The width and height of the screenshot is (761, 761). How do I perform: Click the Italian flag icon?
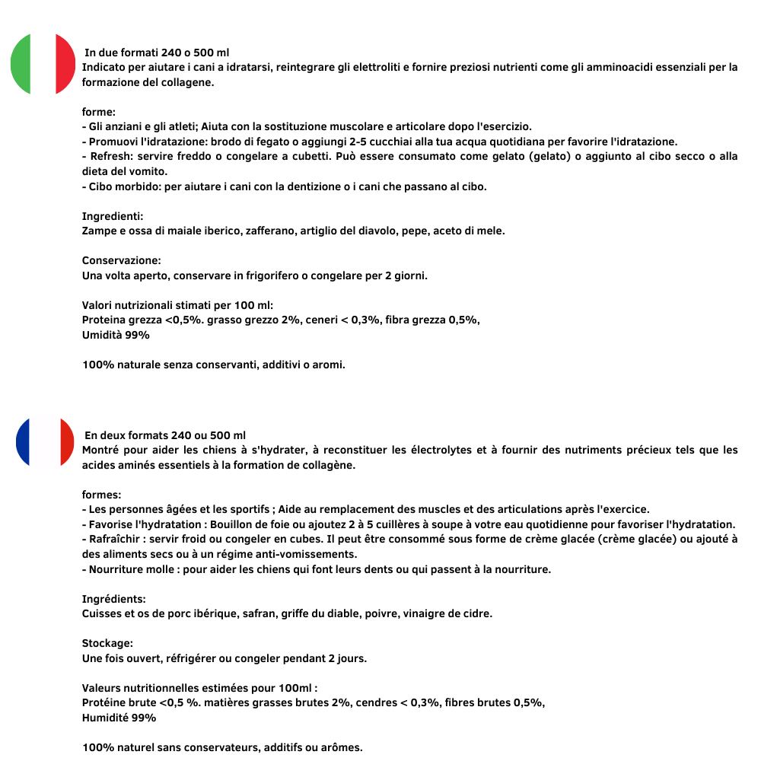click(x=43, y=65)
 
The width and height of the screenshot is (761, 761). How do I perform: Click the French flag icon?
click(x=45, y=442)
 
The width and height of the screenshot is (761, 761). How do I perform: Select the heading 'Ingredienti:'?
click(x=113, y=216)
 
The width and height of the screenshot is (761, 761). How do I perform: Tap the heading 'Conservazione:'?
click(x=121, y=260)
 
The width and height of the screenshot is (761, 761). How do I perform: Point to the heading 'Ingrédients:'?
click(x=113, y=599)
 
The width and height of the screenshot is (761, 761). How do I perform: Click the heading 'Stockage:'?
click(x=107, y=643)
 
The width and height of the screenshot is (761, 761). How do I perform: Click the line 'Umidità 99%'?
click(x=116, y=335)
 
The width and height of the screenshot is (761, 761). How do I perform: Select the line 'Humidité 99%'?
click(x=119, y=718)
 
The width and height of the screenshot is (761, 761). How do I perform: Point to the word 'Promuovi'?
click(x=113, y=142)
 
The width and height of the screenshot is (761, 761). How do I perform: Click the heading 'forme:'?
click(x=99, y=112)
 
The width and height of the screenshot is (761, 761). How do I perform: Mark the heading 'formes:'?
click(x=101, y=495)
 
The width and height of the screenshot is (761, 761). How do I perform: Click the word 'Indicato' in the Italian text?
click(x=104, y=67)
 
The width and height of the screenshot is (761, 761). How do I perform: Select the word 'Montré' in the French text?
click(x=101, y=450)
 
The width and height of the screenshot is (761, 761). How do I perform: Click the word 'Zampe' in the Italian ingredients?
click(x=99, y=231)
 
